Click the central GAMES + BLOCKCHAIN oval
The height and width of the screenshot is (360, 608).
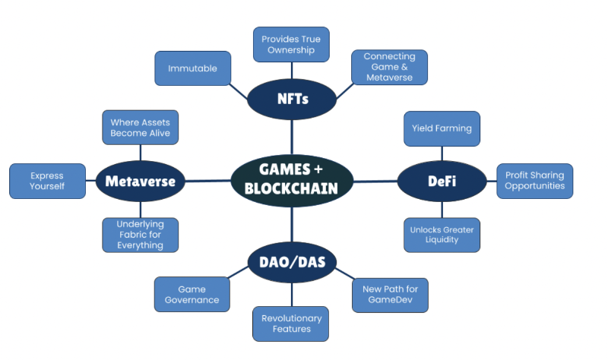[292, 179]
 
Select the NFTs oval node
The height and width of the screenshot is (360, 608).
[292, 98]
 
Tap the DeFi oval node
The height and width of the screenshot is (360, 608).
[442, 180]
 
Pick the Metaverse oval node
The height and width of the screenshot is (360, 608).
[141, 181]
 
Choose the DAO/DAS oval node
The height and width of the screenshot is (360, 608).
[292, 262]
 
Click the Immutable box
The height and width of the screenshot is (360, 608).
[193, 68]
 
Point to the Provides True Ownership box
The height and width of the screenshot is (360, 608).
[291, 44]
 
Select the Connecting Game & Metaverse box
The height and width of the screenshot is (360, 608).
[389, 67]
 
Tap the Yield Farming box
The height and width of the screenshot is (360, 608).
[442, 128]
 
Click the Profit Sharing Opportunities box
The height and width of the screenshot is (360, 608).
[534, 181]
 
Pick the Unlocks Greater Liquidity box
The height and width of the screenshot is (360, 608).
[442, 234]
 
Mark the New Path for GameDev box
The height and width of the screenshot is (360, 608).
[390, 295]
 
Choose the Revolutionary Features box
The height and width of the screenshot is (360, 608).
[291, 324]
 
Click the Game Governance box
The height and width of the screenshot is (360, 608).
[192, 295]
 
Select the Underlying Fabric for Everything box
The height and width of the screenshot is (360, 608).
[141, 235]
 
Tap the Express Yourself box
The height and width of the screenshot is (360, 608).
[47, 181]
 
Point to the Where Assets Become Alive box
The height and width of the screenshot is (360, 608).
[141, 128]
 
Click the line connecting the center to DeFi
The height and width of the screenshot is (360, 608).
[375, 181]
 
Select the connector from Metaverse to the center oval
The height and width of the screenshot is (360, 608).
[208, 181]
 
